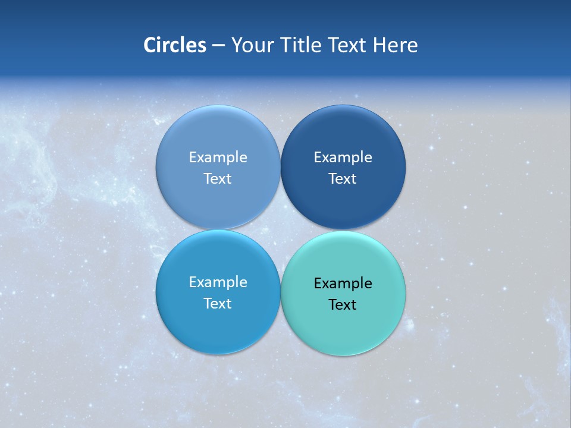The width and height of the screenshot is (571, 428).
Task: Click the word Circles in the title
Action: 175,45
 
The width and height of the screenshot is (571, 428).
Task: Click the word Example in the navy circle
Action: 343,158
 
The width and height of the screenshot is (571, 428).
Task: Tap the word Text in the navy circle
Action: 343,179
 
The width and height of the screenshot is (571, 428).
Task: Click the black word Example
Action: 343,284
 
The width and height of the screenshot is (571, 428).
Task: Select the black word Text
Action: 343,305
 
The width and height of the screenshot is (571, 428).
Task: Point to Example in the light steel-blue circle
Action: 218,158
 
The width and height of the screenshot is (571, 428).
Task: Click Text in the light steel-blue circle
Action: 218,179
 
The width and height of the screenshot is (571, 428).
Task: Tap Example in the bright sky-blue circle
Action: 218,282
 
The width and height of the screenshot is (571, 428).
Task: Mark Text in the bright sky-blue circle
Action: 218,304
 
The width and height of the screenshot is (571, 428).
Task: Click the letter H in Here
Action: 379,45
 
